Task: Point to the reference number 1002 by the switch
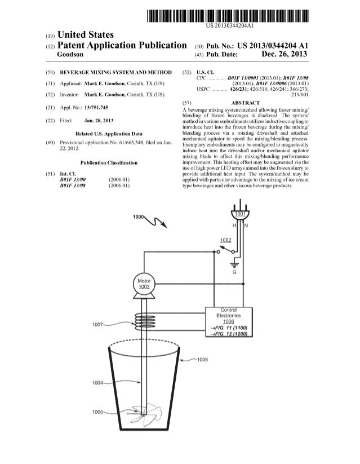(225, 240)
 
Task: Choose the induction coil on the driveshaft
(144, 322)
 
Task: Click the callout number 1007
(97, 325)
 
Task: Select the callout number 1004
(98, 383)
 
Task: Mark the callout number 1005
(97, 412)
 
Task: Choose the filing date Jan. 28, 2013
(99, 121)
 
